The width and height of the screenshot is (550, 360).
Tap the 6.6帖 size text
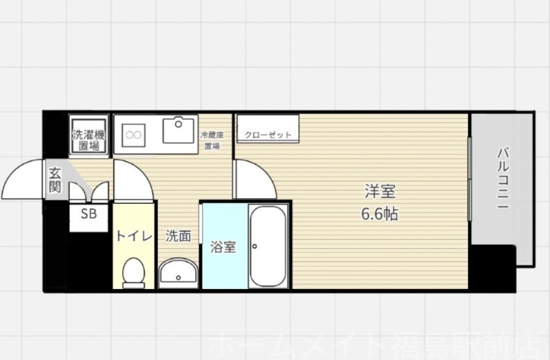click(380, 214)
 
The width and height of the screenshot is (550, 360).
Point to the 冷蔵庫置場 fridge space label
click(211, 140)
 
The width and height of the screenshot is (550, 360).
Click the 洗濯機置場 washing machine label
click(88, 140)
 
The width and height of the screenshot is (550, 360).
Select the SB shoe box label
click(88, 214)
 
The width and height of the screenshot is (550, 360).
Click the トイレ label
click(133, 236)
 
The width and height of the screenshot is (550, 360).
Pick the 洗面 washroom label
click(178, 236)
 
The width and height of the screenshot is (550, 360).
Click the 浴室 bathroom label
click(223, 247)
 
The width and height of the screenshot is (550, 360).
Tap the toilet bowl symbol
click(132, 272)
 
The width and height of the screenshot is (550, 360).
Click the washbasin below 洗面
click(179, 272)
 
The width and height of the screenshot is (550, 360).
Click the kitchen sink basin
click(179, 130)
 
